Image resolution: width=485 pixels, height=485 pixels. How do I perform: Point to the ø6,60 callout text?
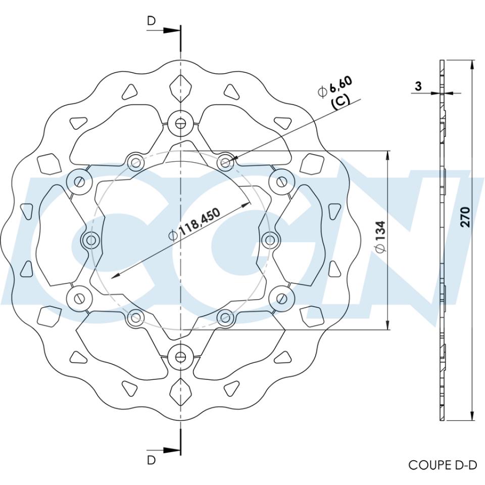tap(335, 86)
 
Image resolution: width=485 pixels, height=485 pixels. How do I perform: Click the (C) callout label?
tap(340, 101)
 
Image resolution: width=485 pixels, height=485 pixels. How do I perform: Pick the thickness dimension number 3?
tap(418, 86)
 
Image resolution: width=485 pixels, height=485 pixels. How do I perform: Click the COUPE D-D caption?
tap(442, 465)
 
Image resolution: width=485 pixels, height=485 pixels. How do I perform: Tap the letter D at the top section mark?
tap(152, 21)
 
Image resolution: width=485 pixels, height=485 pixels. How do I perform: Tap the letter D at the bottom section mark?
tap(152, 460)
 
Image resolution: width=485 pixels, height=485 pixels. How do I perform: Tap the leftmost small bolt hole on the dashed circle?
tap(91, 239)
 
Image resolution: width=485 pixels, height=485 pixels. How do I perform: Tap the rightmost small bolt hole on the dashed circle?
tap(270, 239)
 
